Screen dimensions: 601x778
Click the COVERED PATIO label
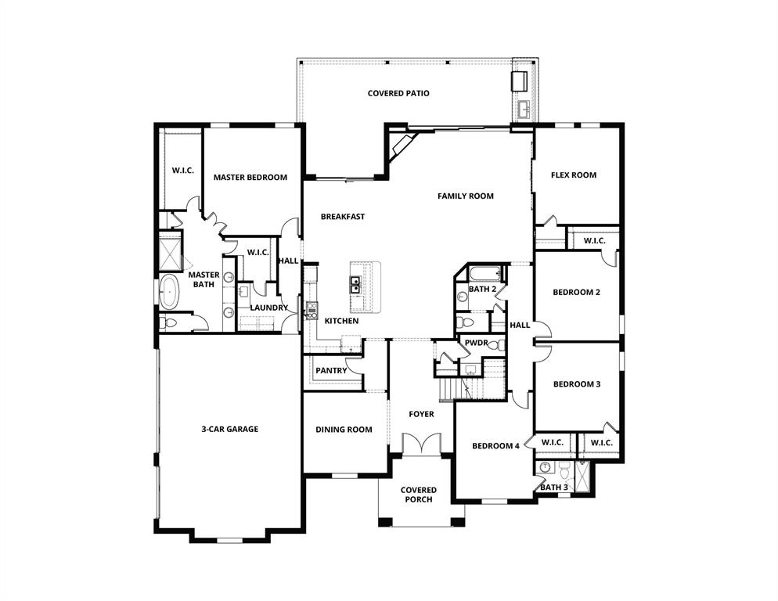398,94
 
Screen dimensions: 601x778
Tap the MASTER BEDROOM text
250,178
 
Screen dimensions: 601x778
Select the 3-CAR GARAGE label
229,429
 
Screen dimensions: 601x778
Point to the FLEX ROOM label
573,175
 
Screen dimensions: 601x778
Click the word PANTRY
331,371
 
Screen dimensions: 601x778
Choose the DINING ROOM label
344,430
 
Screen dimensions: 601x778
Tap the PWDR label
476,343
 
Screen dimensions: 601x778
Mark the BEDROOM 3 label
576,384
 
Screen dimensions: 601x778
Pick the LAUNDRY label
268,308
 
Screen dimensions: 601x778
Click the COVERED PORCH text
419,495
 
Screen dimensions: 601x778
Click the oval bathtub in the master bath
169,292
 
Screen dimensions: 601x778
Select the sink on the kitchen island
355,283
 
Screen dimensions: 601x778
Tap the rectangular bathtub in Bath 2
485,274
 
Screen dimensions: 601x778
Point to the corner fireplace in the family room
402,146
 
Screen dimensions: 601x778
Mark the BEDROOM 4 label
495,447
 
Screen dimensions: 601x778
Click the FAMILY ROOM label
465,196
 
